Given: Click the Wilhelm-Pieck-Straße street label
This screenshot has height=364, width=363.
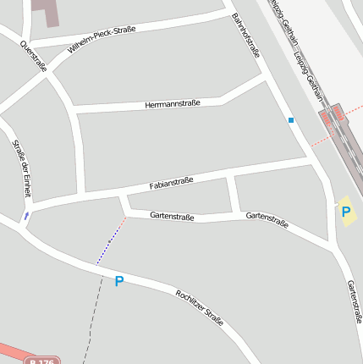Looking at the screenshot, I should pos(102,40).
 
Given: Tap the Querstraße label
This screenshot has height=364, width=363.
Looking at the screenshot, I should pos(33,57).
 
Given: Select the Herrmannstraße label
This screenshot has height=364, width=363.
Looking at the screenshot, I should pos(173,103).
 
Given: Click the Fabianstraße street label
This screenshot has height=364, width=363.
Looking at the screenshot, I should pos(172,182).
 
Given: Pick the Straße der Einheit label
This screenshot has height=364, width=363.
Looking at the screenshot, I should pos(21,168).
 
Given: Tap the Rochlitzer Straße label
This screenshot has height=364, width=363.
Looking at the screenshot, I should pos(200,307).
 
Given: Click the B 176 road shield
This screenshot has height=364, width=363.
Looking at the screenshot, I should pos(40,361).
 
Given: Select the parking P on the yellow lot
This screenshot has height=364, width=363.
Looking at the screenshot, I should pos(345,212).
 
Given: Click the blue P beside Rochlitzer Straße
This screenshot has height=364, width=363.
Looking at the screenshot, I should pos(118,281).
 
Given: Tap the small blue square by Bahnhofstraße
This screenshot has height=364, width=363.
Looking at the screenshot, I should pos(291,120).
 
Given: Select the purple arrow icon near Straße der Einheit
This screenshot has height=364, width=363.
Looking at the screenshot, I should pos(26,216).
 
